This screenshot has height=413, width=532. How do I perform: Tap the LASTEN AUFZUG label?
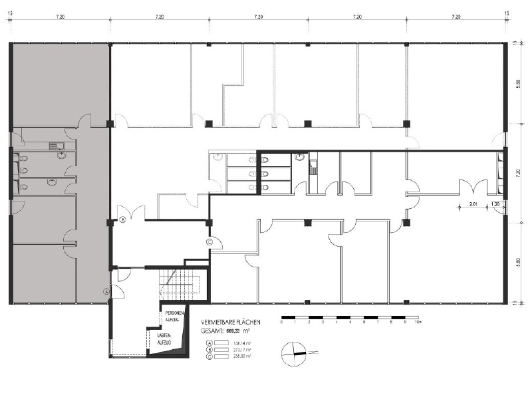tap(164, 339)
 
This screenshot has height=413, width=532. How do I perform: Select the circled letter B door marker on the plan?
tap(122, 219)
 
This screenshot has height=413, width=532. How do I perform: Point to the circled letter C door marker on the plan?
tap(209, 242)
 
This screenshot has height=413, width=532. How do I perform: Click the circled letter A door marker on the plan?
tap(105, 291)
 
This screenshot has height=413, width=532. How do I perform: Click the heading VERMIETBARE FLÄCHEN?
tap(230, 322)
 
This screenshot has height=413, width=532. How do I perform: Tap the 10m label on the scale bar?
tap(418, 322)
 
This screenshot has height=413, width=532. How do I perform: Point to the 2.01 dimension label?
tap(473, 204)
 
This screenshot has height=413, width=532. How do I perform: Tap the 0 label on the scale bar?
tap(282, 322)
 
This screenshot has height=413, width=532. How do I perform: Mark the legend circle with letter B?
tap(209, 349)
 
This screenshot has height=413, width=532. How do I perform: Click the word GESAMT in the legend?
tap(213, 330)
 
